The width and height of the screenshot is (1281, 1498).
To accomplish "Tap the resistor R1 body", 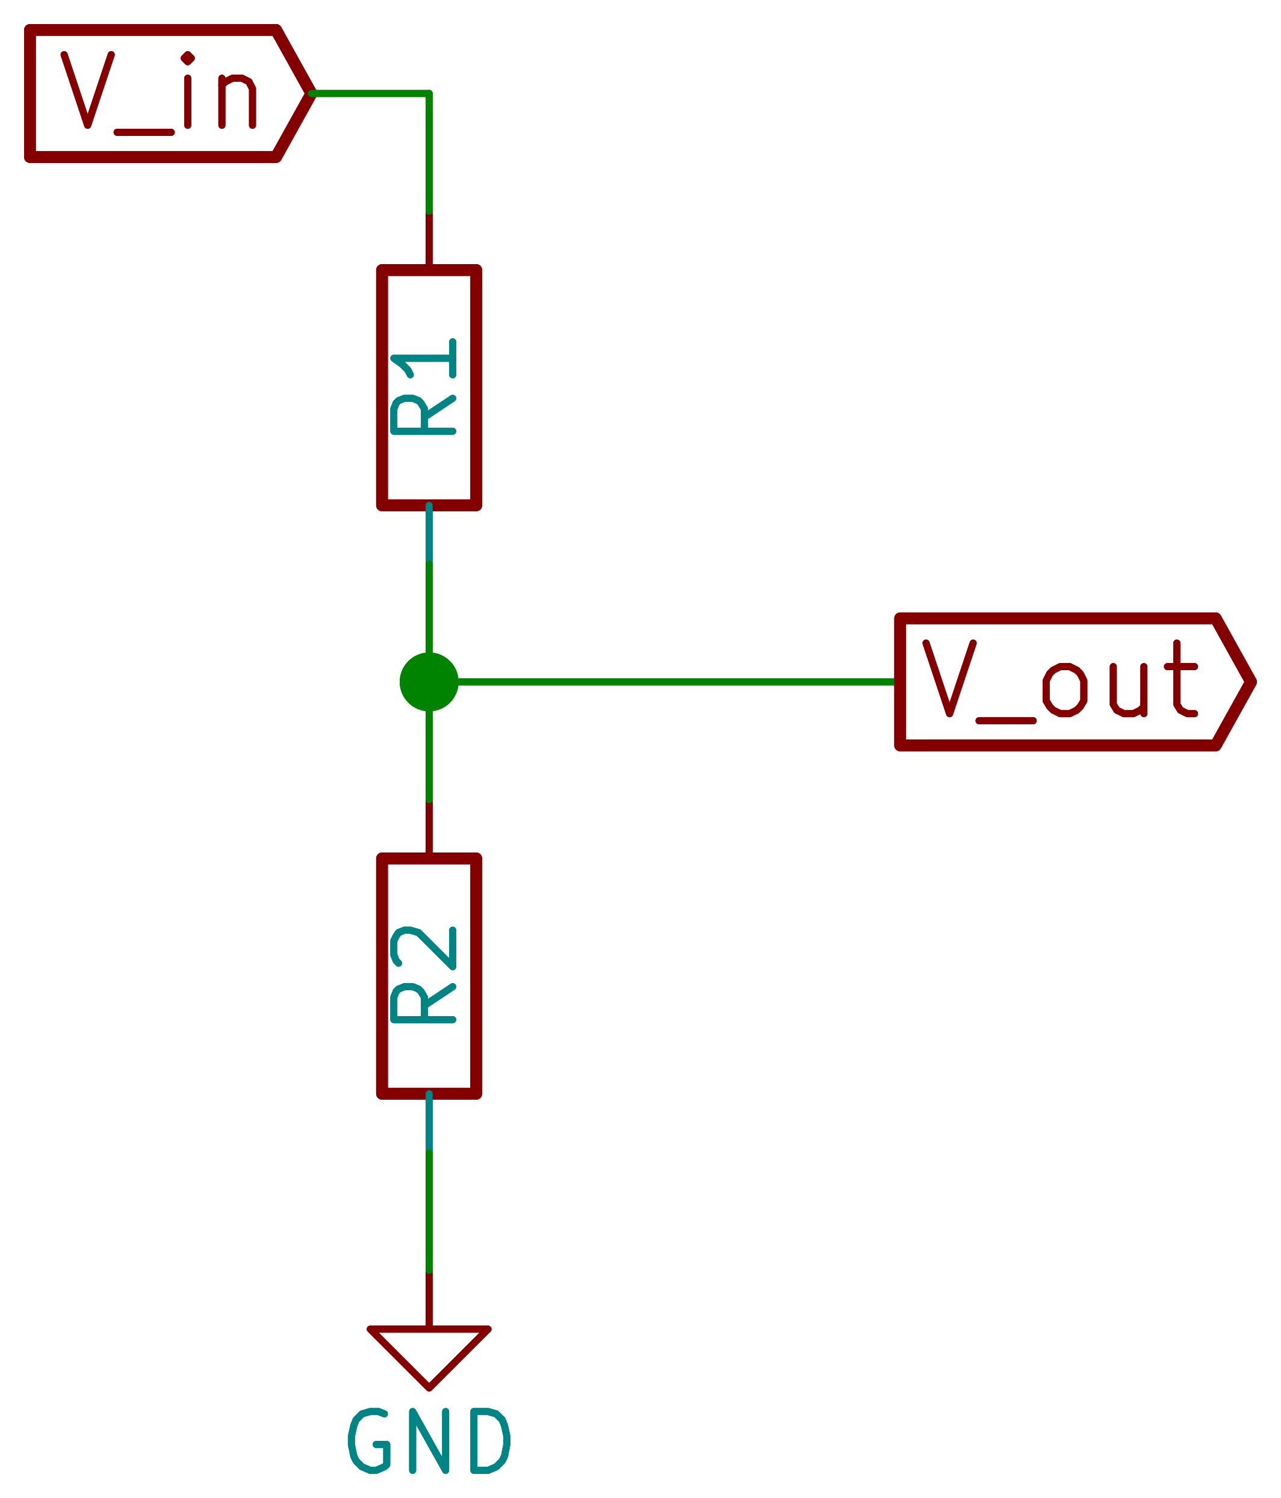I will (x=429, y=388).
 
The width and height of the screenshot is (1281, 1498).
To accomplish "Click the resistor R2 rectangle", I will (x=429, y=978).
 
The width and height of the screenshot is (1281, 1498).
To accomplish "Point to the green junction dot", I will (x=429, y=682).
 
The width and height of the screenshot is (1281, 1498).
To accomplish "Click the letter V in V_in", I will (x=87, y=90).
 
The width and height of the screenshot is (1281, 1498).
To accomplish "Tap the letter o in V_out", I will (x=1064, y=691).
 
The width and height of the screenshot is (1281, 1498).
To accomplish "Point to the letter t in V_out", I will (x=1180, y=680).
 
